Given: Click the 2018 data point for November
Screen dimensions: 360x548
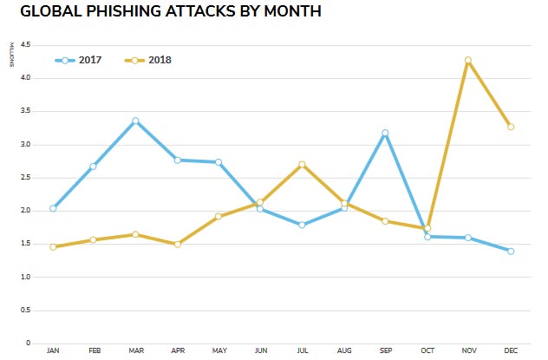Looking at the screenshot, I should [468, 61].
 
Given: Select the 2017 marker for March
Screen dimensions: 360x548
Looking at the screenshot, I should [135, 121].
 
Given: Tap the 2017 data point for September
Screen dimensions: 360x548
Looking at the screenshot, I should [385, 134].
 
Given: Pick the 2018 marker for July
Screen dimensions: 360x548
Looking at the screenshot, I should [302, 164].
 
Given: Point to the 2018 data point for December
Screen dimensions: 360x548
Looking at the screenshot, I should [510, 127].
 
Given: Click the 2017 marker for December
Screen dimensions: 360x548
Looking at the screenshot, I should [510, 252].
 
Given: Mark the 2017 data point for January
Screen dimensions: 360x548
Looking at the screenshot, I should [53, 208].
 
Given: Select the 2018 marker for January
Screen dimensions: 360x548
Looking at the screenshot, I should [53, 247].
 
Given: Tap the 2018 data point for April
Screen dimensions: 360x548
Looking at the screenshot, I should [177, 245].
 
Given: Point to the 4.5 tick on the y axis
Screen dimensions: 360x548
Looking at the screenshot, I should [26, 45].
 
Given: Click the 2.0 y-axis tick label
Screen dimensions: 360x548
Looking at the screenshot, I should [26, 211].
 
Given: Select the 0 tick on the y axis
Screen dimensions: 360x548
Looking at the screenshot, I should [29, 344].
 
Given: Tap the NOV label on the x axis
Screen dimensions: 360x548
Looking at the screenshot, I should [468, 351].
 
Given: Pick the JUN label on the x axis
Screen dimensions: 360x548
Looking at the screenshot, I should [260, 351].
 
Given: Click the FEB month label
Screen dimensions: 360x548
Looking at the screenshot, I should [94, 351].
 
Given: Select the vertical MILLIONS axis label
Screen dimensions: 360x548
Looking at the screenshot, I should [11, 53].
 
